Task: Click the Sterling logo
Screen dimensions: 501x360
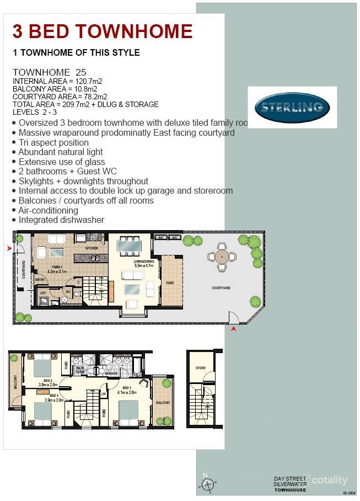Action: [x=292, y=107]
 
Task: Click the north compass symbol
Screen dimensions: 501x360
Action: [x=208, y=484]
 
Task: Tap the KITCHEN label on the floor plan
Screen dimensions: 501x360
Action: [x=92, y=249]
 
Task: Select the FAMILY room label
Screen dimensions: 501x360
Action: [x=57, y=267]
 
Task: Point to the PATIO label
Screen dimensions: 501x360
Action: [x=170, y=283]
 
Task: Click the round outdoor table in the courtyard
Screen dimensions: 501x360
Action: [x=222, y=257]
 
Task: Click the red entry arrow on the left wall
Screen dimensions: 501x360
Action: [x=9, y=249]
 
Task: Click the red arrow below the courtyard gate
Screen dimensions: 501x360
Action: [x=234, y=329]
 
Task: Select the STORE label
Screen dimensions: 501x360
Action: [x=201, y=367]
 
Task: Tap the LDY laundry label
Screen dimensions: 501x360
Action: [x=43, y=292]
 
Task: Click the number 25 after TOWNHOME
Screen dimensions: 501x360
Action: [x=82, y=72]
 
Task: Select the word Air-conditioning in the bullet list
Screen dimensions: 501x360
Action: [x=48, y=210]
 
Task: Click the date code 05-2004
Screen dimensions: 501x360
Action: [x=348, y=492]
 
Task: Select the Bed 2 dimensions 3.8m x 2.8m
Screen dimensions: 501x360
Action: [x=47, y=386]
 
